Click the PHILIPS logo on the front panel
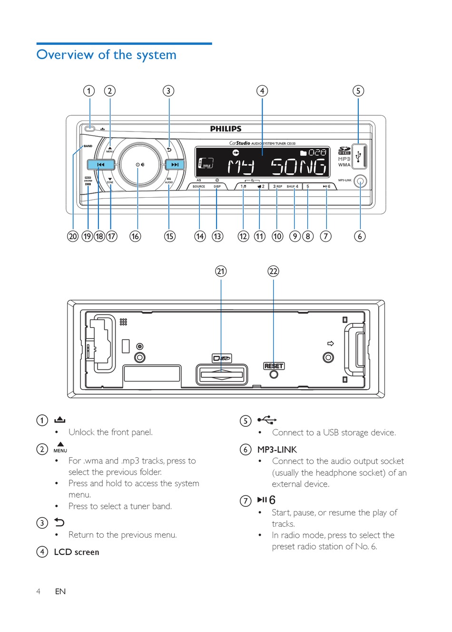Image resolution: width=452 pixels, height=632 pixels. coord(226,129)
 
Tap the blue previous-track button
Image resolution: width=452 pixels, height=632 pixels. coord(101,165)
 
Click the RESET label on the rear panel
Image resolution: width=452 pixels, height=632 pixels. coord(274,366)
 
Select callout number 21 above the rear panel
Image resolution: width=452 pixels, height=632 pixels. coord(221,271)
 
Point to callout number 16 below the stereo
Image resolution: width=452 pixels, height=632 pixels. coord(136,236)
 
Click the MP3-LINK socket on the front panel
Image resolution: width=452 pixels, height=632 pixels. coord(360,181)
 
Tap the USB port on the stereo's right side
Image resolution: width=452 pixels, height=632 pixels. coord(359,156)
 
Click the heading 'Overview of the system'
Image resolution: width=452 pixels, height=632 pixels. coord(107,55)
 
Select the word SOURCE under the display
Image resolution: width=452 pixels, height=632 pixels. coord(199,186)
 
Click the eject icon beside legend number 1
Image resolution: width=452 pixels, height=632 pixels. coord(59,420)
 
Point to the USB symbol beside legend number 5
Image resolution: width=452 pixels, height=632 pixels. coord(267,420)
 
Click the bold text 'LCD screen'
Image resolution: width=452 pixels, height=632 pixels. coord(77,552)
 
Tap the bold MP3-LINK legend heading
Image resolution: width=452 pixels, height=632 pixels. coord(277,450)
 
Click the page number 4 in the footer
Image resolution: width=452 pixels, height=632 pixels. coord(39,592)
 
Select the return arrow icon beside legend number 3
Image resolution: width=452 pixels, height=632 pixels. coord(59,522)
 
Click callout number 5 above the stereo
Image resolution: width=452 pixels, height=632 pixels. coord(358,91)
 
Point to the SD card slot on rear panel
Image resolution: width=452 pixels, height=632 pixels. coord(222,374)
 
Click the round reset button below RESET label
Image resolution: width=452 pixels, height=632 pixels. coord(274,374)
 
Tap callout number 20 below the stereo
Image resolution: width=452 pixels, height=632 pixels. coord(73,236)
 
